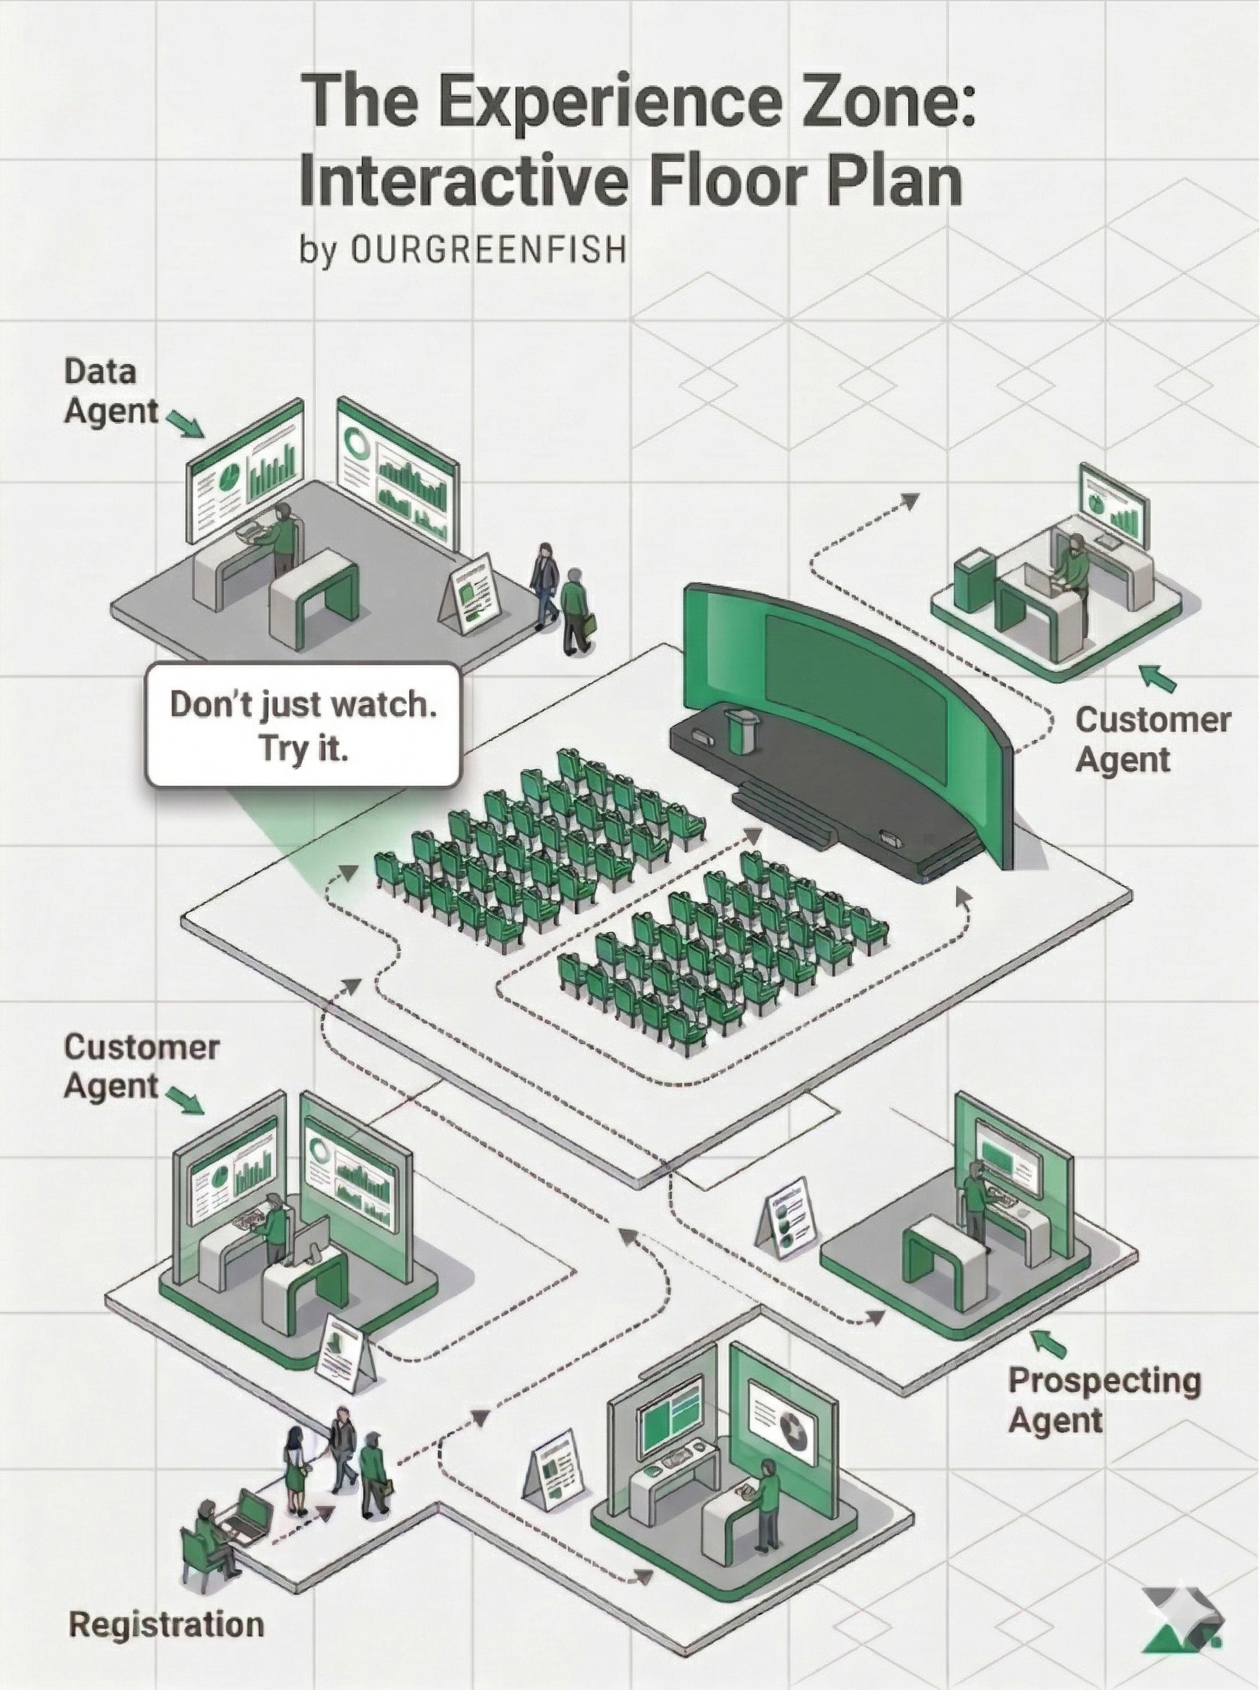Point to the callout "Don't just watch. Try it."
303,724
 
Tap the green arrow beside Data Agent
185,423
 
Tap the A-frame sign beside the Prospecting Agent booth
788,1218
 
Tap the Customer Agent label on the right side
1152,739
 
